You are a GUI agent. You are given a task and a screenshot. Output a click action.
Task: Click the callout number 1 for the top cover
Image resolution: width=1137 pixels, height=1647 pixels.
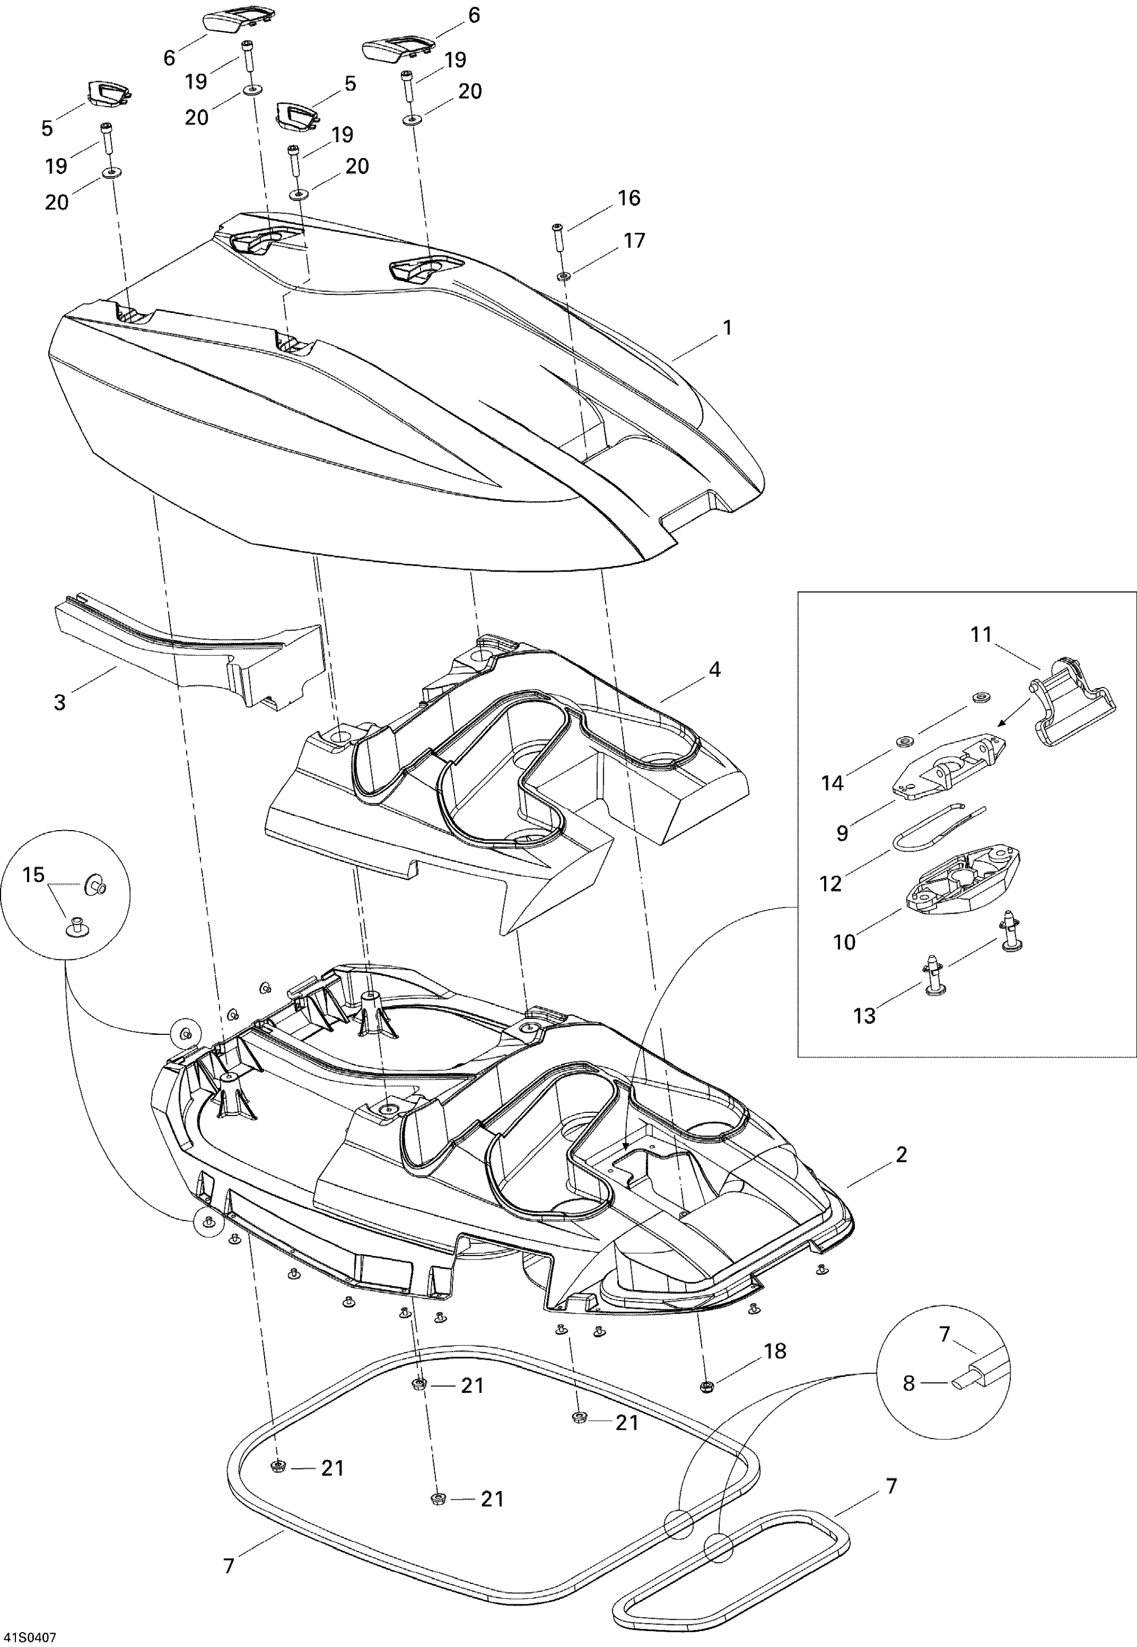(x=727, y=328)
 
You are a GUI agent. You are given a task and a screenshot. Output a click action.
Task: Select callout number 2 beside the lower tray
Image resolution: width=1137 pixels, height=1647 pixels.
(x=901, y=1155)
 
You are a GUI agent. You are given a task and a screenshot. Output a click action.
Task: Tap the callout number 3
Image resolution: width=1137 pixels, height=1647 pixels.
(x=60, y=702)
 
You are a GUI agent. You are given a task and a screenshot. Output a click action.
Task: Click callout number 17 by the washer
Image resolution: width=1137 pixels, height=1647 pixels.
(x=634, y=241)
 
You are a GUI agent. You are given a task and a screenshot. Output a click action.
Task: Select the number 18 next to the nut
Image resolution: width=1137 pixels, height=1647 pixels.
(x=775, y=1352)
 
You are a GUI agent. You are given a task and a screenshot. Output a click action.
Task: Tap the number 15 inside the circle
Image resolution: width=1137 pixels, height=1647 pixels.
(x=33, y=875)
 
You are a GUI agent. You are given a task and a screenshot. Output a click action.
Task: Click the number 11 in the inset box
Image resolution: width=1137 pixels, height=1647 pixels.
(x=981, y=634)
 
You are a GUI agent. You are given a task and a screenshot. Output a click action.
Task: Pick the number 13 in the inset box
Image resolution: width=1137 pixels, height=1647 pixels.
(x=864, y=1016)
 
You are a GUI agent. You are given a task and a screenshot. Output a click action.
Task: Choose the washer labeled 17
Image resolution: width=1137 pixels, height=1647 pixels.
(x=563, y=276)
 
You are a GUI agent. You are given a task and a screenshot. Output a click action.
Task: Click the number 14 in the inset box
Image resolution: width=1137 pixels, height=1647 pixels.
(x=832, y=783)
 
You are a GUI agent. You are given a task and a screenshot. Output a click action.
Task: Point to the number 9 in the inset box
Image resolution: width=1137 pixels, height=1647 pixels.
(x=842, y=833)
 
